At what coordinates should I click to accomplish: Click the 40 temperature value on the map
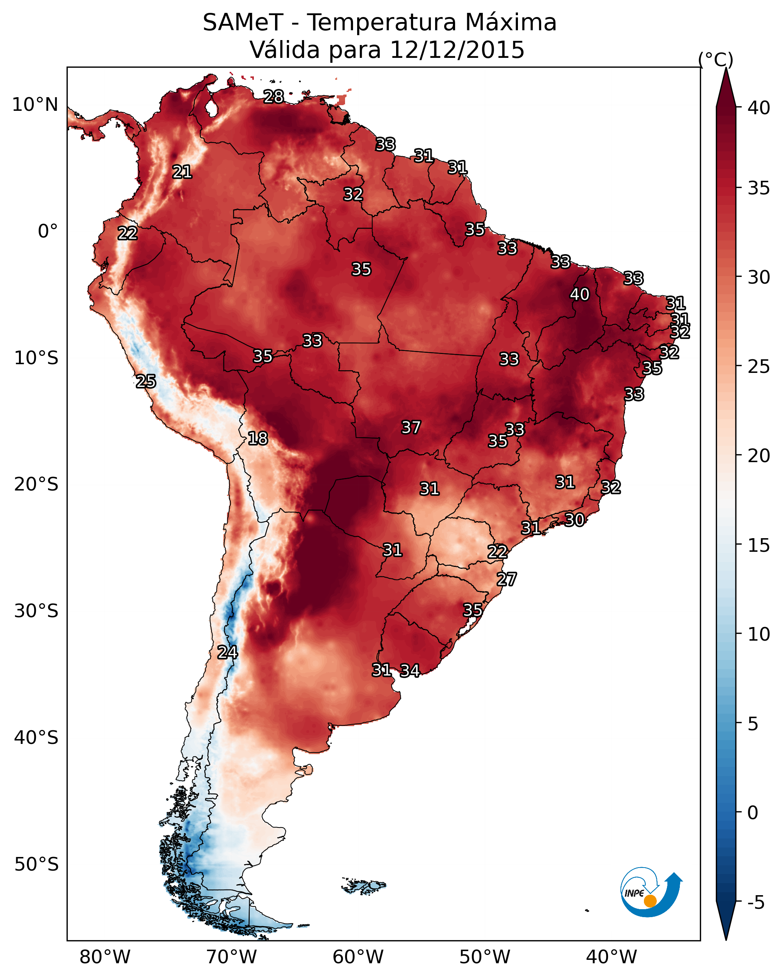click(580, 294)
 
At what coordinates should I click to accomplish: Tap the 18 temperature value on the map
click(258, 438)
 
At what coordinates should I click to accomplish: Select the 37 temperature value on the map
click(411, 427)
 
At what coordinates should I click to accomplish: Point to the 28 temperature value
click(274, 96)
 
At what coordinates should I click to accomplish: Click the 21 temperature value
click(182, 172)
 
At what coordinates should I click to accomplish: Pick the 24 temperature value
click(227, 652)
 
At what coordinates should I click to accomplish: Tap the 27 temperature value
click(507, 579)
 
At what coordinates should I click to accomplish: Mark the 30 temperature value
click(575, 520)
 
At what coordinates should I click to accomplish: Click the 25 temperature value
click(146, 382)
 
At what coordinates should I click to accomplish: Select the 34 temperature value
click(410, 671)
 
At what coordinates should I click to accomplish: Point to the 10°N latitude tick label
click(35, 105)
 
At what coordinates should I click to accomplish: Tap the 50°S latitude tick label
click(36, 864)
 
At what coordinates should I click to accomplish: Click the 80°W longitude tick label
click(105, 957)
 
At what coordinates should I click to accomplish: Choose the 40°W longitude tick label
click(611, 957)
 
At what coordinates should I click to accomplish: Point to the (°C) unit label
click(716, 59)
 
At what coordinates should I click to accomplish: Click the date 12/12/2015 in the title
click(457, 50)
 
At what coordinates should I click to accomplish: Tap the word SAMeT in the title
click(243, 23)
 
